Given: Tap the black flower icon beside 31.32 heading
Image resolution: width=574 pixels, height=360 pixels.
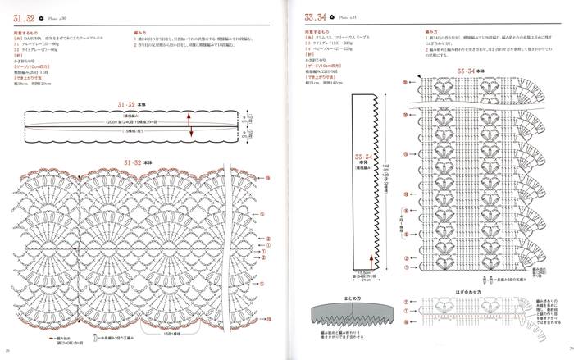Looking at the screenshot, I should [50, 17].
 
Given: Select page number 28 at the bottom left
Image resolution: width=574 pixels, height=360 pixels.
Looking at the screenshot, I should [7, 353].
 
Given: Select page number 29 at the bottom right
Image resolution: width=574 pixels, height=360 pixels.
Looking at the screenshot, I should [567, 353].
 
